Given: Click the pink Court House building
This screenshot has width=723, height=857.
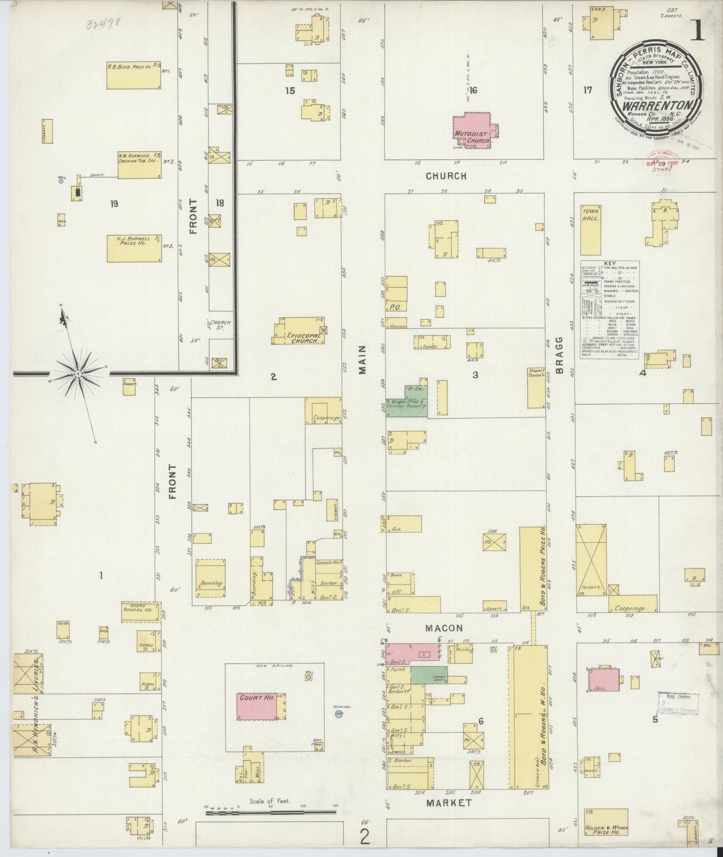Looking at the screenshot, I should pos(256,706).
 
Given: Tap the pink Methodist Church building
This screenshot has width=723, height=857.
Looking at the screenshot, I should pos(473,130).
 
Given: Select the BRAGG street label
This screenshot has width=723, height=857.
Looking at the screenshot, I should pos(559,356).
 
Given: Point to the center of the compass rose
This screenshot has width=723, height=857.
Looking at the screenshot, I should pos(78,373).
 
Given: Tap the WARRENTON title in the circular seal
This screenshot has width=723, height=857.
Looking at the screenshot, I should pos(657,105).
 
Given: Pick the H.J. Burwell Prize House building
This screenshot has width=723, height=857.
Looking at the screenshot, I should pos(134,248).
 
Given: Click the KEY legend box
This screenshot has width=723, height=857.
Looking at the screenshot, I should pos(610,308).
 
